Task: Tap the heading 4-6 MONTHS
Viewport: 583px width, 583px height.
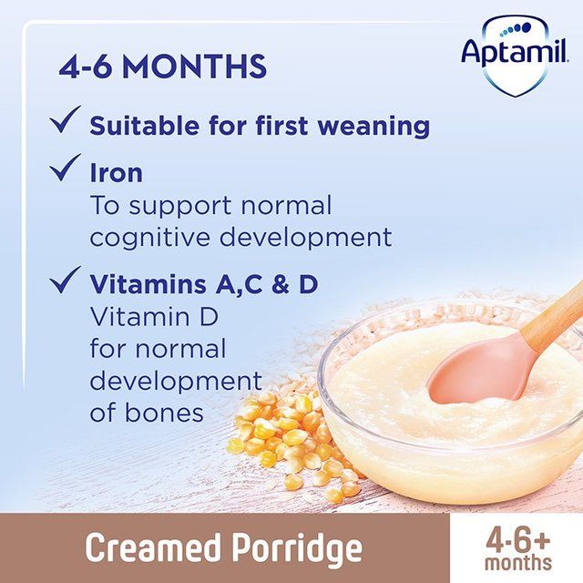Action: (x=163, y=66)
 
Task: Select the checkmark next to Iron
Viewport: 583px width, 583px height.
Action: (x=65, y=169)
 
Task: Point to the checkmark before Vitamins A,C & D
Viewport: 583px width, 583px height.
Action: (x=65, y=281)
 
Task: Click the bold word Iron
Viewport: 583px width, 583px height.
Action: (x=116, y=173)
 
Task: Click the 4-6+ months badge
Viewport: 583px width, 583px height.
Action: (x=517, y=547)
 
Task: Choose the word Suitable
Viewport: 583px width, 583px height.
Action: (x=145, y=126)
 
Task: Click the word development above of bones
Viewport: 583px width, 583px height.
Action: (x=175, y=380)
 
